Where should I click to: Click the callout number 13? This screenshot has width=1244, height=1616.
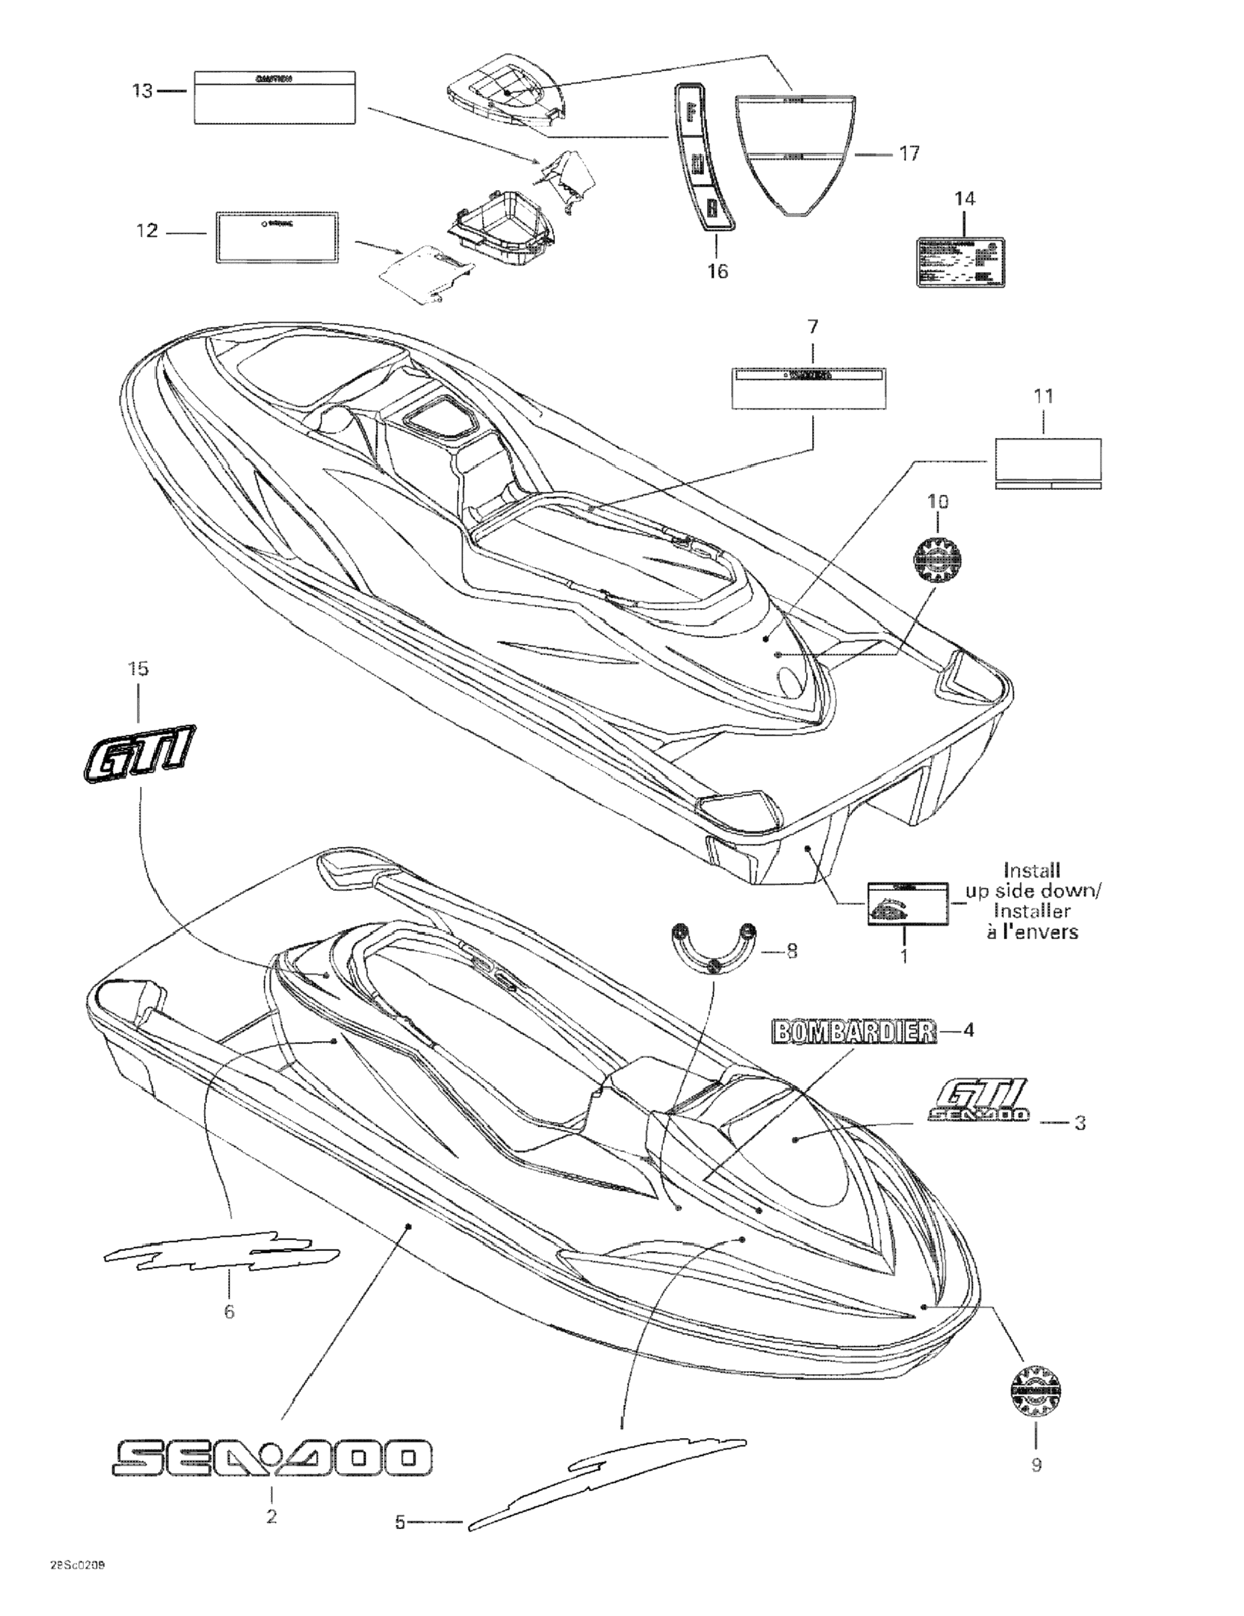142,91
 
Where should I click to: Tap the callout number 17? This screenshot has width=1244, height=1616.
909,153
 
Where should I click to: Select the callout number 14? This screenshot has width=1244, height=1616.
964,199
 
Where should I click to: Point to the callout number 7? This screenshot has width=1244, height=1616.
813,326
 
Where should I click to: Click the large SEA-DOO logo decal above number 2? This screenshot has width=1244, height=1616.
271,1457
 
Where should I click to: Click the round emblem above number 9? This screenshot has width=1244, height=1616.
1035,1392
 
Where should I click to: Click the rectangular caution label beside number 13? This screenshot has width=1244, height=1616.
275,97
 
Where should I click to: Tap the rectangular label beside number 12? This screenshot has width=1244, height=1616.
278,237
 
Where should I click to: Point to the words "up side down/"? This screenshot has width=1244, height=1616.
1033,891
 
